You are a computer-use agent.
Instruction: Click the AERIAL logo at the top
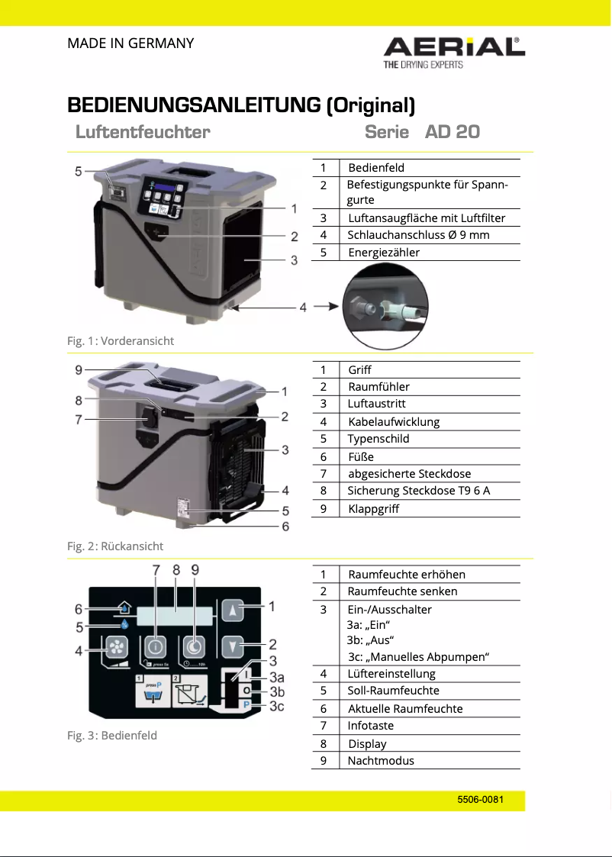[x=454, y=48]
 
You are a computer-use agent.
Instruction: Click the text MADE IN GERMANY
[x=130, y=43]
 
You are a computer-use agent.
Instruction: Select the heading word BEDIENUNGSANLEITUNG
[x=194, y=105]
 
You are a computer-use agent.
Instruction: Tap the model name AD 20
[x=452, y=131]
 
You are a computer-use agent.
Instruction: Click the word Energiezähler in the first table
[x=384, y=253]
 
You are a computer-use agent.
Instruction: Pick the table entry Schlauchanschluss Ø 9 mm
[x=418, y=235]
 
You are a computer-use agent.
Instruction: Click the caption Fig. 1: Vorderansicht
[x=121, y=340]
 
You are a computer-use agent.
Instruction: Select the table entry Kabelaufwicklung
[x=393, y=422]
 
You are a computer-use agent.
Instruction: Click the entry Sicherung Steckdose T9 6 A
[x=418, y=491]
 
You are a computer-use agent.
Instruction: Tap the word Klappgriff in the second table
[x=373, y=509]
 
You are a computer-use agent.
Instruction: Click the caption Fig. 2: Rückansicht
[x=115, y=546]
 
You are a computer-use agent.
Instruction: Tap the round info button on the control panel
[x=155, y=647]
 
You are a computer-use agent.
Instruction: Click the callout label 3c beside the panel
[x=277, y=707]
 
